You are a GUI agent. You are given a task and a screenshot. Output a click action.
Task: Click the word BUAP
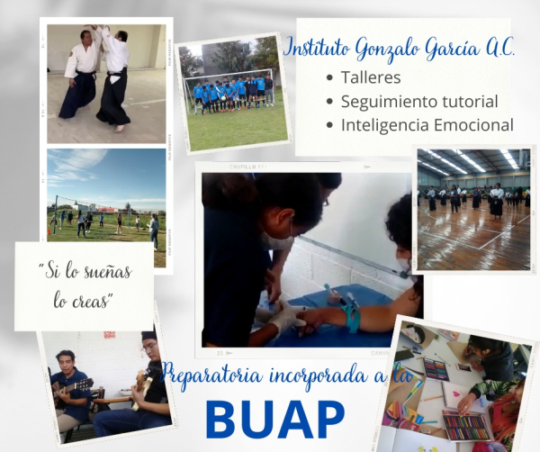tap(275, 420)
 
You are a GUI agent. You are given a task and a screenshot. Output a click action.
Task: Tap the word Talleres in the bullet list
tap(371, 77)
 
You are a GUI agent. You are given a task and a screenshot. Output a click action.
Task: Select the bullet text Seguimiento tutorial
tap(419, 102)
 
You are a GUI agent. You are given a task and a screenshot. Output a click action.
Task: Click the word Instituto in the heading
tap(317, 50)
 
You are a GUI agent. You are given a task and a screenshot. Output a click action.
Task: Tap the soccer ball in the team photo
tap(224, 97)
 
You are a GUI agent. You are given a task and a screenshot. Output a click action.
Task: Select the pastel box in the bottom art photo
tap(466, 427)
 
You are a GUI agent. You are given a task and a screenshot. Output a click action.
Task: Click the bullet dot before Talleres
tap(330, 77)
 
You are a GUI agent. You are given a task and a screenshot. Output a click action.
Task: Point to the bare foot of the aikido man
tap(119, 129)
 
